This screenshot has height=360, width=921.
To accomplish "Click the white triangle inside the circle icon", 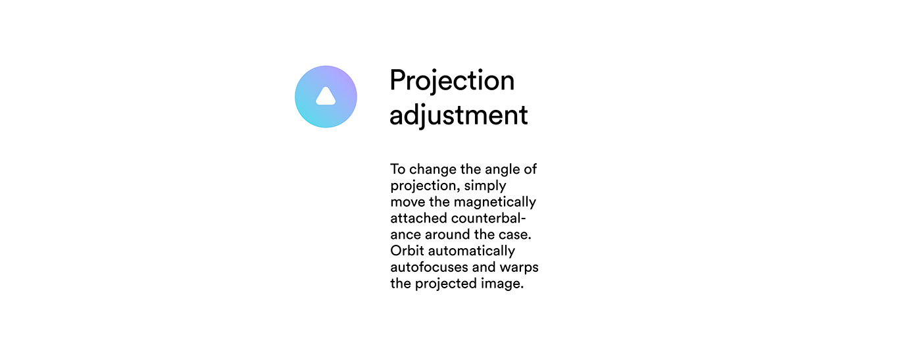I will tap(326, 97).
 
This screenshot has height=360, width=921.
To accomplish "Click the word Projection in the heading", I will tap(452, 81).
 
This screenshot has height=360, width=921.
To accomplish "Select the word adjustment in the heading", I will tap(459, 115).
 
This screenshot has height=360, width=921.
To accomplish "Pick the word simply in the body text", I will tap(485, 186).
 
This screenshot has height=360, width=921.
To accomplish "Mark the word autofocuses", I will tap(429, 267).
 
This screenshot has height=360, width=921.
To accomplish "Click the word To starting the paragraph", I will tap(397, 169).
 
